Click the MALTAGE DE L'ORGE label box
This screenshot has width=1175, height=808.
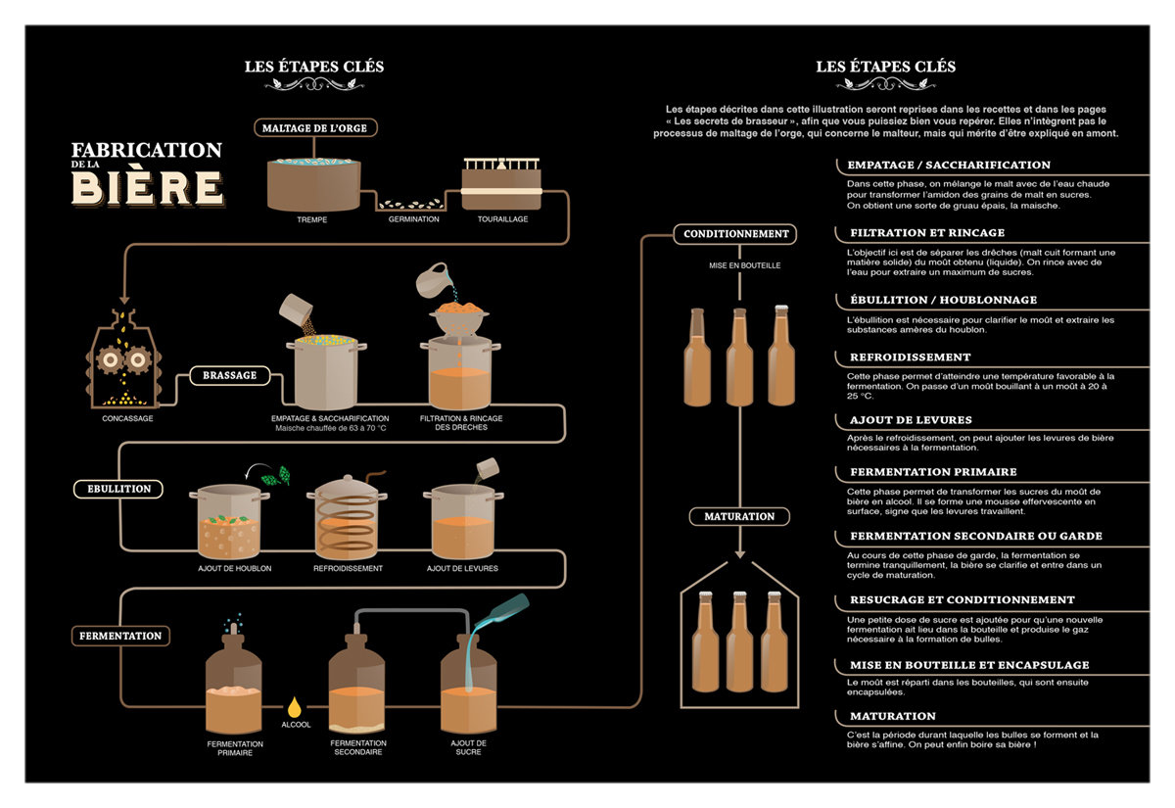tap(314, 127)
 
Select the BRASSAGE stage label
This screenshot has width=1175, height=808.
tap(230, 375)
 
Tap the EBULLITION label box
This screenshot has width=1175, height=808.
tap(117, 488)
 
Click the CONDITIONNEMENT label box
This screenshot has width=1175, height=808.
tap(735, 234)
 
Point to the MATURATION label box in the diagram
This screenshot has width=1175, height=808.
tap(739, 516)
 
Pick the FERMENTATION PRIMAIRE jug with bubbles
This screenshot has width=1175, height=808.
tap(234, 681)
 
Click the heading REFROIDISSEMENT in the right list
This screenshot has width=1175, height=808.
tap(910, 357)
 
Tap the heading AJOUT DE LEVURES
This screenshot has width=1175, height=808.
tap(911, 420)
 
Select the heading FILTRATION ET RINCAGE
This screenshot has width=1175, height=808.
tap(926, 233)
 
